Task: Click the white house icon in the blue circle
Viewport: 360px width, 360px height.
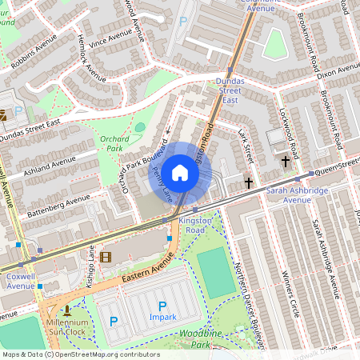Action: click(180, 172)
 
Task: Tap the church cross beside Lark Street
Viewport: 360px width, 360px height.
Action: click(248, 183)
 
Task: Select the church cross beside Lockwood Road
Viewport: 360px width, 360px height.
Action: click(286, 162)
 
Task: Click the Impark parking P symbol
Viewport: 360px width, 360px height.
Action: click(162, 306)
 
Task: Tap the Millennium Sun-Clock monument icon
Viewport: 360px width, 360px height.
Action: click(67, 310)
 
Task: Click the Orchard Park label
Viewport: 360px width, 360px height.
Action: click(115, 142)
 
